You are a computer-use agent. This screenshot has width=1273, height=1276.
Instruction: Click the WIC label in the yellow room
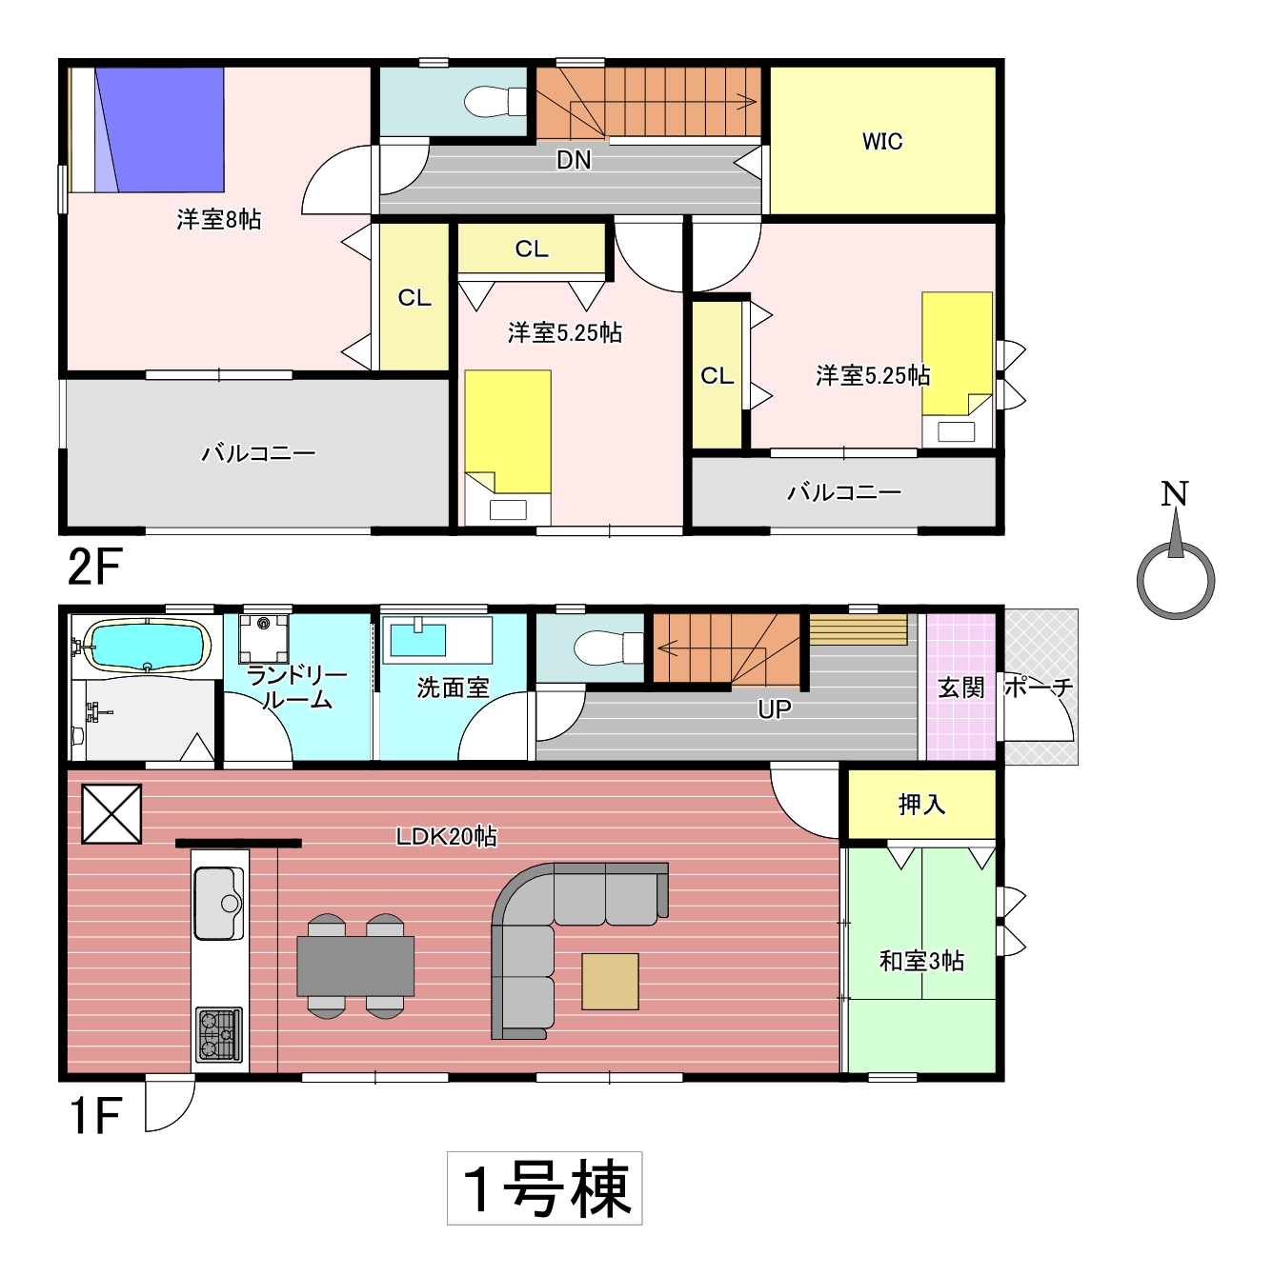(x=881, y=141)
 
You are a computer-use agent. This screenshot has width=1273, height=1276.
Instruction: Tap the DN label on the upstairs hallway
(x=574, y=160)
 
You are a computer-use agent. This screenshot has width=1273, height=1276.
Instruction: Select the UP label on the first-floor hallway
(x=774, y=709)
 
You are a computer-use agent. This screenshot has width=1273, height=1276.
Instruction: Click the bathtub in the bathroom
(x=147, y=646)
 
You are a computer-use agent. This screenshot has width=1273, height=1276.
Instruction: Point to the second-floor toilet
(x=495, y=101)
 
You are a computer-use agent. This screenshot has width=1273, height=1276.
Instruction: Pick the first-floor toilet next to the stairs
(x=608, y=648)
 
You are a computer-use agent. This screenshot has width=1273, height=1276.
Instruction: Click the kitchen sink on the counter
(x=219, y=904)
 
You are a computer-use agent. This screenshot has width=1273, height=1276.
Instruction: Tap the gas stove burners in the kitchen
(x=219, y=1035)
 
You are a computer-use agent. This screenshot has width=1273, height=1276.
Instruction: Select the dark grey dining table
(x=355, y=967)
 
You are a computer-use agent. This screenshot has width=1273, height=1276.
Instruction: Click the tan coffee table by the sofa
(x=610, y=982)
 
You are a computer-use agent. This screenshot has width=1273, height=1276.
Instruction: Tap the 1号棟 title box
(x=544, y=1188)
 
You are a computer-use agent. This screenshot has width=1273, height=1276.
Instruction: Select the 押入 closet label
(x=921, y=805)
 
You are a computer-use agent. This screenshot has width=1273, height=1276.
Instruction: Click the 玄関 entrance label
(x=960, y=688)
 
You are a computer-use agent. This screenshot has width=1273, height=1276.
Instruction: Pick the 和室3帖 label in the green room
(x=921, y=961)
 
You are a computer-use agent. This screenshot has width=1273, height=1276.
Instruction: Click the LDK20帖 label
(x=446, y=837)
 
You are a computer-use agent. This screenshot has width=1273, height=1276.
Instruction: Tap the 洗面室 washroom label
(x=453, y=688)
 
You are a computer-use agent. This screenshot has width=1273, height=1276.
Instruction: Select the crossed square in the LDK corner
(x=111, y=814)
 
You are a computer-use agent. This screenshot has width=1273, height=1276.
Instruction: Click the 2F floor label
(x=94, y=567)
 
